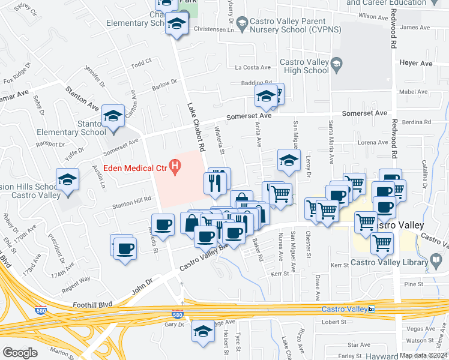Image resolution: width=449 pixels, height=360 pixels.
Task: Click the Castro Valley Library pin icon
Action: pos(436,261)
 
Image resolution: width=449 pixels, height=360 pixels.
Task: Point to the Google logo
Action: pos(20,352)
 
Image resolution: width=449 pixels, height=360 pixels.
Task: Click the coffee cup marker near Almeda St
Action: pos(163,226)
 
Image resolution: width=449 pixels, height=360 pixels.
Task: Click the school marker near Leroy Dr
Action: pos(289,160)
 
